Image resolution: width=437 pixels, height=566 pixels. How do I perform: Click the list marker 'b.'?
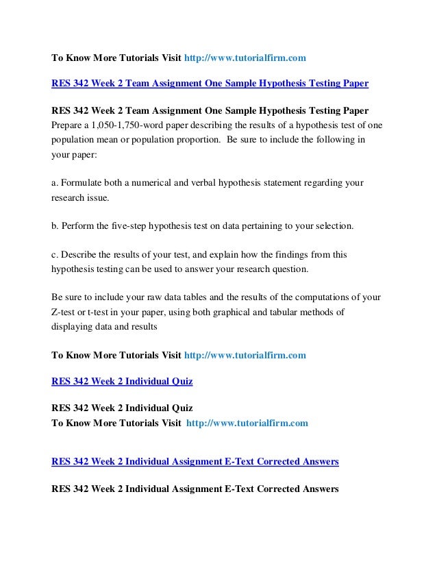tap(56, 225)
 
